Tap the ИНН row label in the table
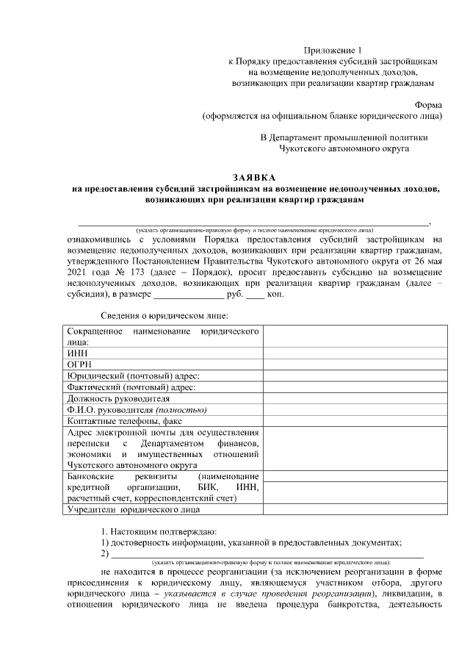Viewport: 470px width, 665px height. click(x=77, y=353)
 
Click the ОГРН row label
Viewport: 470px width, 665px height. click(x=80, y=364)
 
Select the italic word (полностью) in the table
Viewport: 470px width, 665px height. click(x=181, y=409)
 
